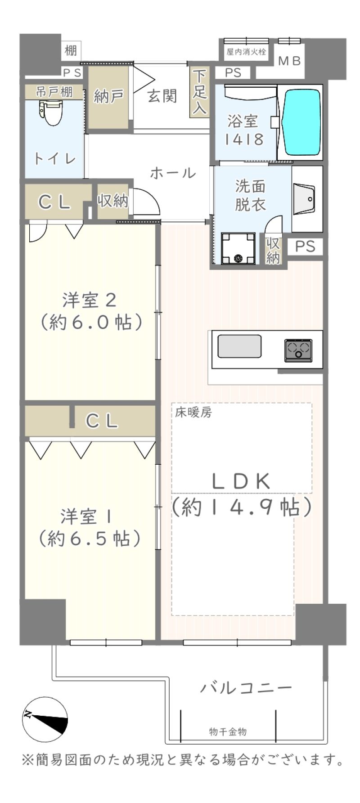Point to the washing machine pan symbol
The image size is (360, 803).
[x=238, y=248]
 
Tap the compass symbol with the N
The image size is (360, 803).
[x=45, y=719]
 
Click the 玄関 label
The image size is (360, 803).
[x=162, y=96]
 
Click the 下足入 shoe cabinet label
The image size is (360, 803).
[x=200, y=92]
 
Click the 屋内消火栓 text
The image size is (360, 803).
[x=246, y=52]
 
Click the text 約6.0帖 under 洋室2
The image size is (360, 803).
[x=91, y=322]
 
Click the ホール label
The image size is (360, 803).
[x=173, y=173]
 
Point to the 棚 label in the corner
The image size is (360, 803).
[x=71, y=50]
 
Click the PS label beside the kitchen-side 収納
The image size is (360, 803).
[x=305, y=247]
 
